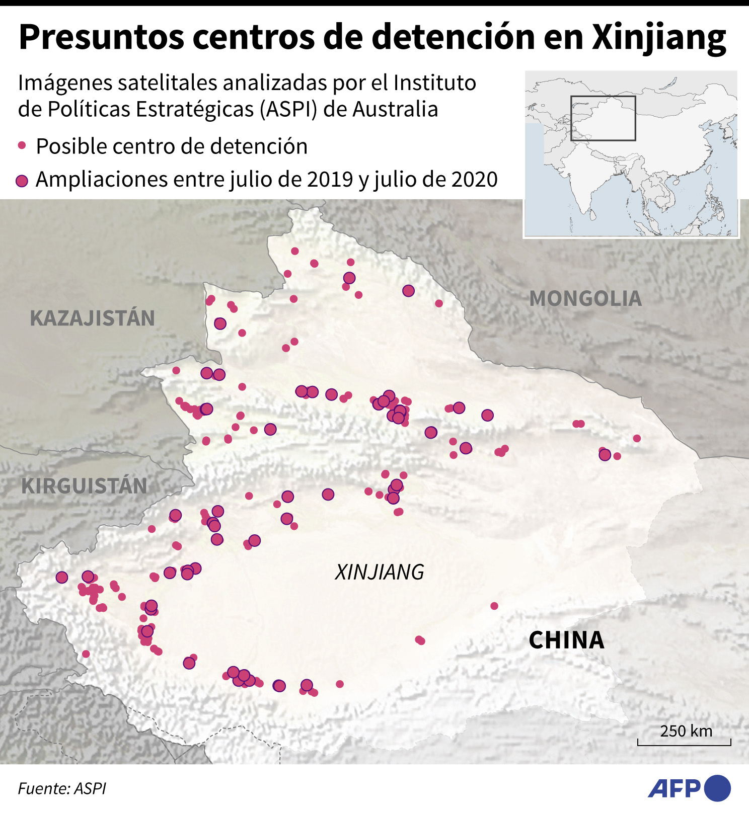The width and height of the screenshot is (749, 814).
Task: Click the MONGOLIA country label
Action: (x=585, y=299)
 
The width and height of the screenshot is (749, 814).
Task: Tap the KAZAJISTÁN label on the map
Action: (x=92, y=318)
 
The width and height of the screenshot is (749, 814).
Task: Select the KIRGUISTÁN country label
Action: (x=84, y=486)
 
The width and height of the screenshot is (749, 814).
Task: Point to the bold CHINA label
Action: (x=566, y=640)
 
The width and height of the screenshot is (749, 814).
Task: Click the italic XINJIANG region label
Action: (x=380, y=573)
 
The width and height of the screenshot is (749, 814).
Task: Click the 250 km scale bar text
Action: (x=686, y=731)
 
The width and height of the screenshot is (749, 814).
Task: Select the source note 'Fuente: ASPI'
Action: (x=62, y=788)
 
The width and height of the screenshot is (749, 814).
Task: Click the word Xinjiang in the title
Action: (x=659, y=38)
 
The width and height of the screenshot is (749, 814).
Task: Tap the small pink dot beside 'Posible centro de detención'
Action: (x=22, y=146)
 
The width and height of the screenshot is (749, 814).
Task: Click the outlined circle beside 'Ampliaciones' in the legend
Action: (x=22, y=181)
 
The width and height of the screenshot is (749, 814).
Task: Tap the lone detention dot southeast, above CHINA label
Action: (x=494, y=606)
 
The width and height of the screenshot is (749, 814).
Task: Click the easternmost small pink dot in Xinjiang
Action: (x=637, y=438)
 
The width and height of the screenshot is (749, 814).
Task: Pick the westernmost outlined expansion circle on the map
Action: (x=62, y=577)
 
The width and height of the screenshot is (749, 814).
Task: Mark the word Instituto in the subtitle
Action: (x=435, y=83)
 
